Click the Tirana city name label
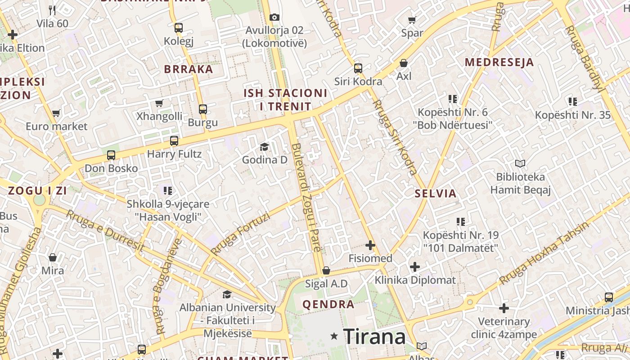click(x=374, y=336)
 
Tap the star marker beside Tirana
click(x=334, y=336)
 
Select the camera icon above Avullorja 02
click(x=274, y=17)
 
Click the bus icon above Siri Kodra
click(x=358, y=68)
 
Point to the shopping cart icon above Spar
click(x=412, y=19)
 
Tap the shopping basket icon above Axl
click(x=404, y=63)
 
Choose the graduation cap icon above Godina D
click(x=265, y=147)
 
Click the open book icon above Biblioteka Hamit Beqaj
click(x=520, y=163)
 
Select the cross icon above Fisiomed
click(x=370, y=245)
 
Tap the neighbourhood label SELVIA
click(x=436, y=194)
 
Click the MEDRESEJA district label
click(x=499, y=62)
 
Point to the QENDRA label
click(x=328, y=304)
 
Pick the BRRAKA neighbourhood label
click(x=189, y=69)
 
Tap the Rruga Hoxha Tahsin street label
click(x=544, y=253)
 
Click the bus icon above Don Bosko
click(x=111, y=155)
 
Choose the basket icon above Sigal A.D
click(x=326, y=270)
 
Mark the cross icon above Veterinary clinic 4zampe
click(x=504, y=308)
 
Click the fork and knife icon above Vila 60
click(x=52, y=10)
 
